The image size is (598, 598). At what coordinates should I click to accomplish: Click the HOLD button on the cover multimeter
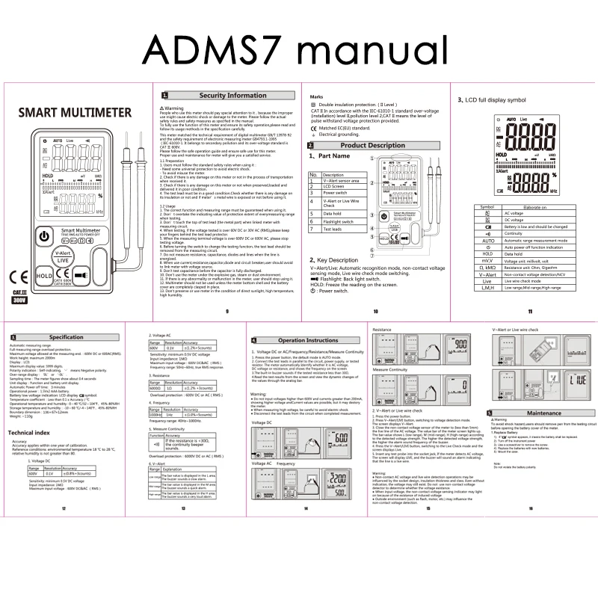pos(43,277)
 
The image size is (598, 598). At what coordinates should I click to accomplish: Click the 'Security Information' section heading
pos(232,96)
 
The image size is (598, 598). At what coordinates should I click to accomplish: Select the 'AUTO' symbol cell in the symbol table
pos(488,241)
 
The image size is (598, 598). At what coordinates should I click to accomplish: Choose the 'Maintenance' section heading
pos(544,413)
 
